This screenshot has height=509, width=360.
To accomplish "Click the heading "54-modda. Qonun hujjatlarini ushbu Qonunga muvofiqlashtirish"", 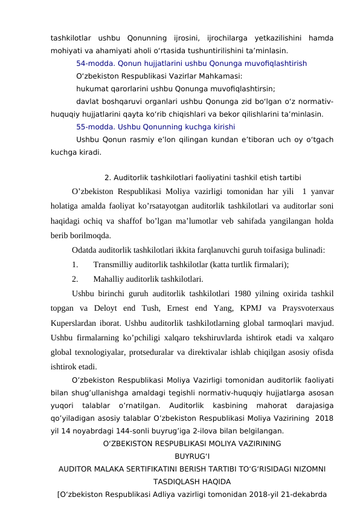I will pos(191,63).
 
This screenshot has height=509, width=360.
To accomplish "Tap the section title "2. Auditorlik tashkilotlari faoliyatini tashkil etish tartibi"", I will pos(204,178).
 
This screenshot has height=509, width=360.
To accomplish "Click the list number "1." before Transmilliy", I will pos(76,264).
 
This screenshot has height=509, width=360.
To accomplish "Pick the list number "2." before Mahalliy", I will pos(76,279).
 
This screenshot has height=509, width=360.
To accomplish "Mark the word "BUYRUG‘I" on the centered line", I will pos(191,457).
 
